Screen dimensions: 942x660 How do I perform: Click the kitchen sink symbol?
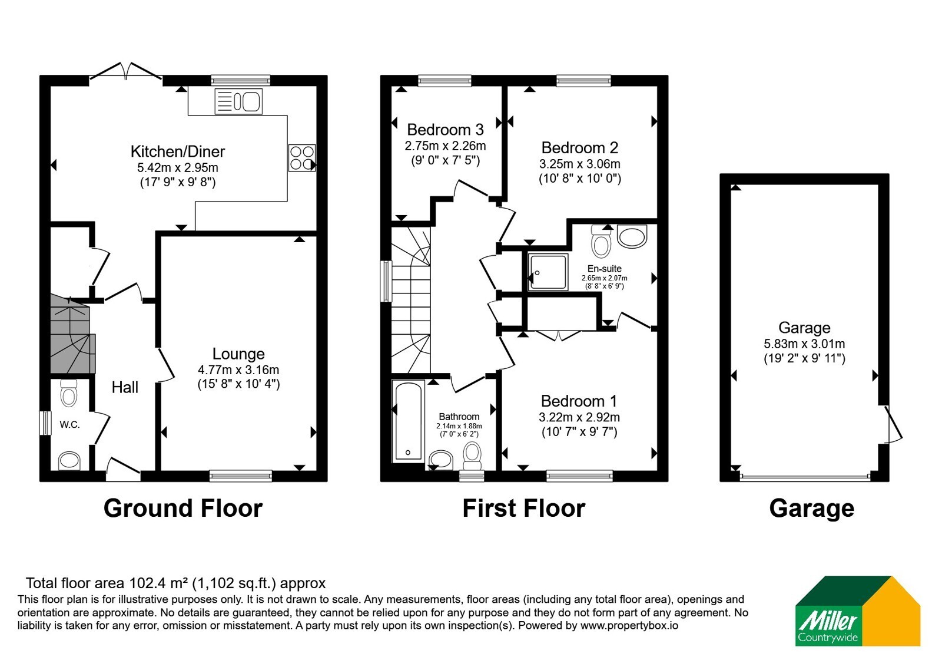coord(238,101)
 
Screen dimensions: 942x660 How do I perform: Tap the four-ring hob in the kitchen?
coord(302,158)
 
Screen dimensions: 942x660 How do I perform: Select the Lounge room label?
coord(238,354)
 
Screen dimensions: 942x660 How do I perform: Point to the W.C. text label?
coord(69,425)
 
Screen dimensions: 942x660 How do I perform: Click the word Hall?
coord(125,387)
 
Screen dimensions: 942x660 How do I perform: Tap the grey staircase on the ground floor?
coord(71,335)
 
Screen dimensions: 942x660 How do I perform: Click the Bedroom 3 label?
coord(445,129)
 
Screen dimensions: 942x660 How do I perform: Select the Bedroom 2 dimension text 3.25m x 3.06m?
coord(579,164)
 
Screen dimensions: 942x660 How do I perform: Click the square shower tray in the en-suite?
coord(548,272)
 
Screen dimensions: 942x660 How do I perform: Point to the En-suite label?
coord(604,269)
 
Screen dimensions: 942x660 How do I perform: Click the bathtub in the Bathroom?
coord(408,421)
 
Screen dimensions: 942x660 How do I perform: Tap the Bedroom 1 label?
coord(579,401)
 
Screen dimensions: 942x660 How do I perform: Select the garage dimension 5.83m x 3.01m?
coord(804,344)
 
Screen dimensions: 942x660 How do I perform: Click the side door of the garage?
coord(893,424)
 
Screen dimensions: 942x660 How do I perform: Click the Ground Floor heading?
coord(183,508)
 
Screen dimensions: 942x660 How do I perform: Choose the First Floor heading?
coord(523,508)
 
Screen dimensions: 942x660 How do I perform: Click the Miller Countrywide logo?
coord(858,610)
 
